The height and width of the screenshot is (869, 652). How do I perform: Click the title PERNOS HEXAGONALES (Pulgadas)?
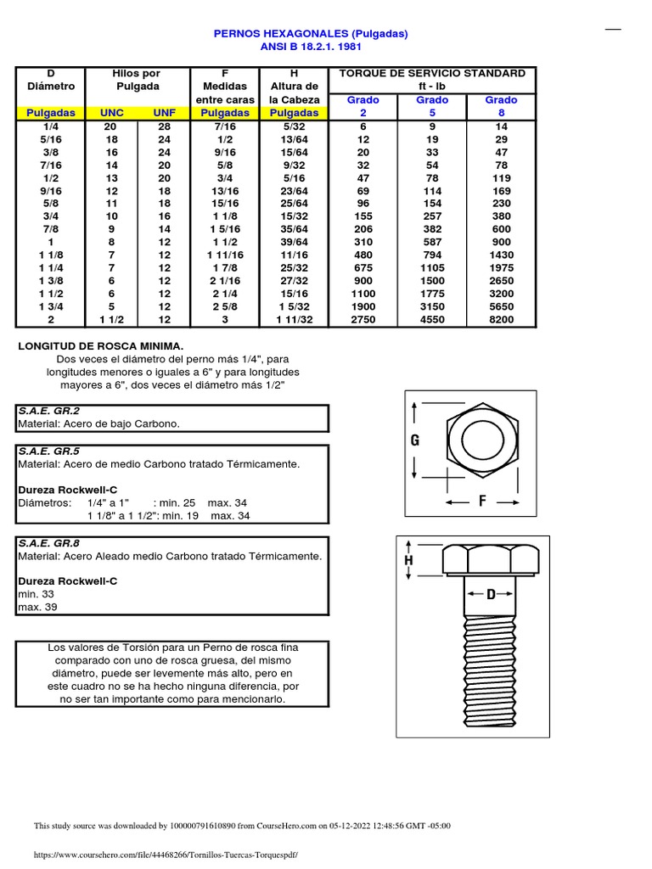tap(310, 34)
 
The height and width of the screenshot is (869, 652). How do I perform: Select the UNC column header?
tap(112, 112)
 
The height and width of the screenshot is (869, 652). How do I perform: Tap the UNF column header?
tap(164, 112)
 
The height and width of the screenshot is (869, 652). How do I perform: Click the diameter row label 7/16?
tap(51, 165)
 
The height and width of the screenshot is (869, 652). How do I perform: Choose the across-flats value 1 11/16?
tap(224, 255)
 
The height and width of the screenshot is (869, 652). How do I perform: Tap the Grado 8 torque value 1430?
tap(501, 255)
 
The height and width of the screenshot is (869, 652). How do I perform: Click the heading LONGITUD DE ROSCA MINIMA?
tap(101, 346)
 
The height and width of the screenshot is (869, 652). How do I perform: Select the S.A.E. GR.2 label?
tap(48, 411)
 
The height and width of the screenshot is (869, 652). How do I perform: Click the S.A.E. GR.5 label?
tap(48, 451)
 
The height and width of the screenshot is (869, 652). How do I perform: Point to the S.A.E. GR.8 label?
tap(48, 543)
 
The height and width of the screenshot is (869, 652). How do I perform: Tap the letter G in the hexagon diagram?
tap(415, 440)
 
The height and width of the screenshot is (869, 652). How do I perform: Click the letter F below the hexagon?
tap(482, 502)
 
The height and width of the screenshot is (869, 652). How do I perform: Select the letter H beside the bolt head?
tap(408, 561)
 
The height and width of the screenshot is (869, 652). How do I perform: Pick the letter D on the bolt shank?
tap(490, 595)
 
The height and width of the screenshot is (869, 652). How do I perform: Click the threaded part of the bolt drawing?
tap(490, 670)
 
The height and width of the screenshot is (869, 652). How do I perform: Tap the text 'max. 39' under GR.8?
tap(37, 608)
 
